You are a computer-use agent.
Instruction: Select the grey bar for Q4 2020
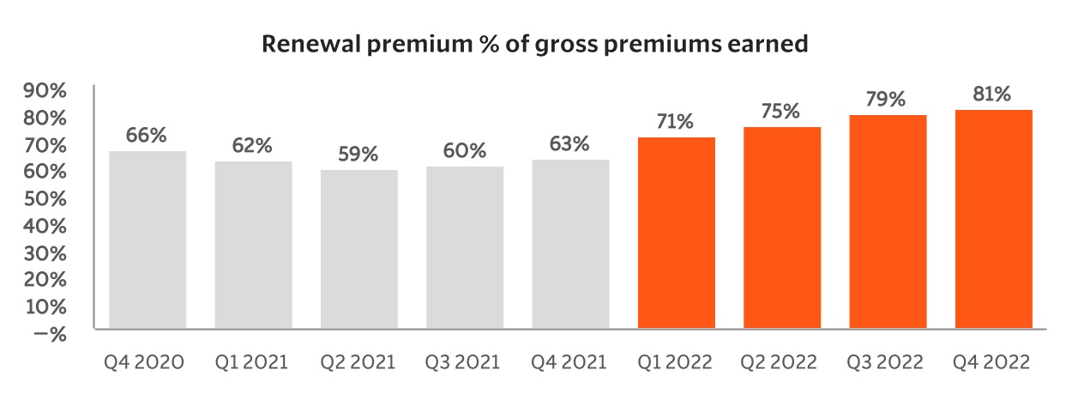pyautogui.click(x=147, y=240)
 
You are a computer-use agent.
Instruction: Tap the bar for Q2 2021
pyautogui.click(x=358, y=249)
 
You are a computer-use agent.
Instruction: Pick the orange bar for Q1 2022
pyautogui.click(x=676, y=233)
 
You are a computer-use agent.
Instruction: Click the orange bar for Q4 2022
pyautogui.click(x=993, y=219)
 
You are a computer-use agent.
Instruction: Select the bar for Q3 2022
pyautogui.click(x=888, y=222)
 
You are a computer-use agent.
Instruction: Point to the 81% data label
pyautogui.click(x=992, y=94)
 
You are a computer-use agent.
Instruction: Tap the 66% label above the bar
pyautogui.click(x=147, y=136)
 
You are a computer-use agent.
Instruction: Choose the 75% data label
pyautogui.click(x=781, y=112)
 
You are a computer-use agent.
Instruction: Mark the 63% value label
pyautogui.click(x=569, y=143)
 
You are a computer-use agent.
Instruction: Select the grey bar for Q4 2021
pyautogui.click(x=570, y=244)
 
